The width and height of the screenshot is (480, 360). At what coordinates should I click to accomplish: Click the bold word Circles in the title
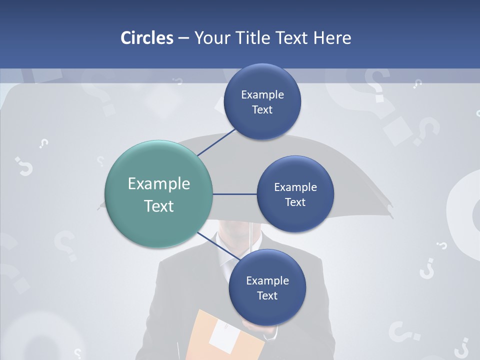point(147,38)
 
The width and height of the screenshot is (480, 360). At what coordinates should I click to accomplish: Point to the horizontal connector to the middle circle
point(235,194)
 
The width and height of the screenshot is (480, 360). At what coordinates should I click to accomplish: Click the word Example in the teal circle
point(159,184)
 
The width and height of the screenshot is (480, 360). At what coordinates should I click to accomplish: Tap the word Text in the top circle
point(262,110)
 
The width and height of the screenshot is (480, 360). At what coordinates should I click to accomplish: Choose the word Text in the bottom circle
point(267,296)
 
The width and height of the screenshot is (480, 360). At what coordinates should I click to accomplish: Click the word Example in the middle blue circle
point(295,187)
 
